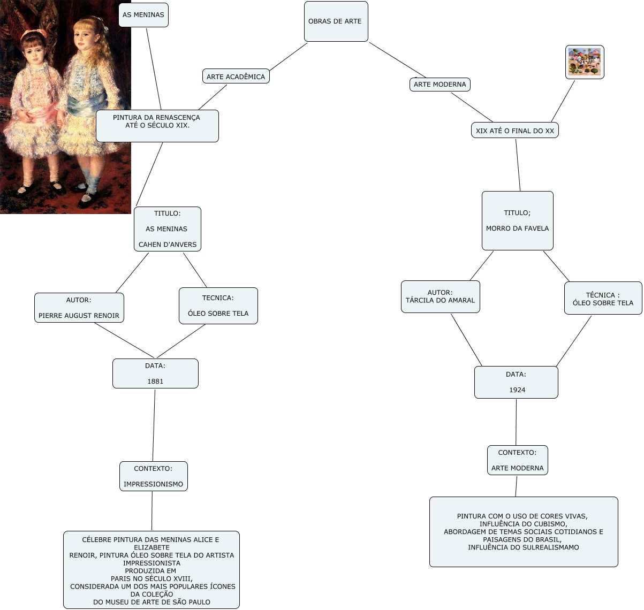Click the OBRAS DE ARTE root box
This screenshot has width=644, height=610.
coord(336,21)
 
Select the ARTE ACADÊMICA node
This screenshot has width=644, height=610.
coord(236,77)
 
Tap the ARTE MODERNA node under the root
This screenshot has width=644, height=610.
coord(440,84)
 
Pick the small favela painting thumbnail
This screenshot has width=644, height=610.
coord(585,62)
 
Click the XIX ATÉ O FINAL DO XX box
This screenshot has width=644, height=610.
coord(515,131)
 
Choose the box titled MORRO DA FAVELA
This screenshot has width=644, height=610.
coord(517,220)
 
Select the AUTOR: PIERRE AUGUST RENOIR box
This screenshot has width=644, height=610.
coord(79,308)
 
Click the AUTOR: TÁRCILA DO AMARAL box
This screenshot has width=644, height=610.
coord(440,296)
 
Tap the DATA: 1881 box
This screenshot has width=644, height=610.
coord(155,373)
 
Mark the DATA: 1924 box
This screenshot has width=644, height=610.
coord(516,382)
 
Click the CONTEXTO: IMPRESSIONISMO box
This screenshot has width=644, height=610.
coord(153,476)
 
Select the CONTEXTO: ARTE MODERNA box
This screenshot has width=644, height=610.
coord(517,460)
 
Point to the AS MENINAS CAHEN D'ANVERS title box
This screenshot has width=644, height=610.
coord(167,229)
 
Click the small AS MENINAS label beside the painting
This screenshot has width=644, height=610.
coord(143,15)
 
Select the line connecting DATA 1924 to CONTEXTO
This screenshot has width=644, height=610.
coord(516,422)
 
